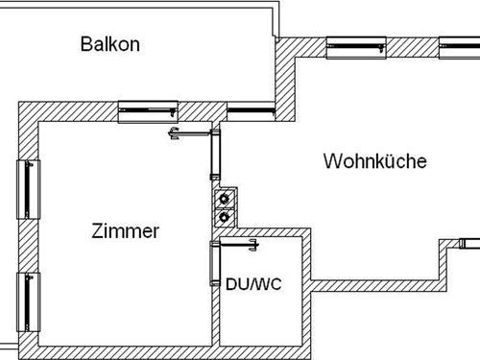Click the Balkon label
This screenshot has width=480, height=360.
(x=110, y=44)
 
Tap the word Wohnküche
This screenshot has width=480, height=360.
(x=374, y=161)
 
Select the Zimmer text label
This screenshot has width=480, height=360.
(x=125, y=231)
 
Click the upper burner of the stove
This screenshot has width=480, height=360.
(x=225, y=200)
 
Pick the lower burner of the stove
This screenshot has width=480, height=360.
(x=225, y=217)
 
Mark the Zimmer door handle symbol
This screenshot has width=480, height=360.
(x=175, y=134)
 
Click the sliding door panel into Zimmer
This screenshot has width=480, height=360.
(x=215, y=156)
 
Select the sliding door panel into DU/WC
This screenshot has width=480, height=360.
(x=215, y=266)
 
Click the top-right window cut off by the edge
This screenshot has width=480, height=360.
(x=462, y=46)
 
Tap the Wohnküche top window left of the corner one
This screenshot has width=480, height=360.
(x=356, y=46)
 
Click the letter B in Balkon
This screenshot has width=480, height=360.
(x=86, y=44)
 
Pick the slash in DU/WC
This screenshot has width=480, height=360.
(x=252, y=284)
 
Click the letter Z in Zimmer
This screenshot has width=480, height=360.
(x=97, y=231)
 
